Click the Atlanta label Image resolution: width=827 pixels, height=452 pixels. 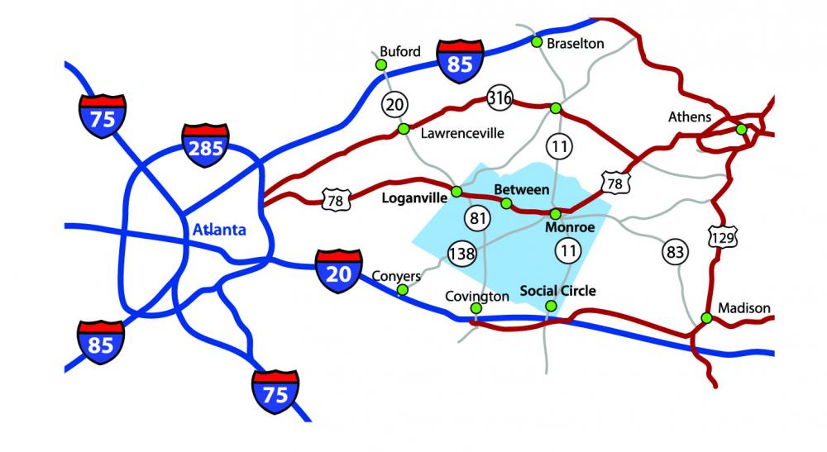219,231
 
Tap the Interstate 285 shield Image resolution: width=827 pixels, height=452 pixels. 205,147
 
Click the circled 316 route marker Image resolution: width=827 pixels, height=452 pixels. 500,98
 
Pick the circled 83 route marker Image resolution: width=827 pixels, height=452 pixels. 674,251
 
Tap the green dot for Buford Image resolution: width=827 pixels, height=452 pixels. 381,64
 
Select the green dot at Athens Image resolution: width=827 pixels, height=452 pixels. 742,129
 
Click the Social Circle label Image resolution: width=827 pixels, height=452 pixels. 557,291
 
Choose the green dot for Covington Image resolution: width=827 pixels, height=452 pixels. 476,309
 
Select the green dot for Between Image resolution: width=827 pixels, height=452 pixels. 506,203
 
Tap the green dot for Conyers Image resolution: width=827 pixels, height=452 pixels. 403,290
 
